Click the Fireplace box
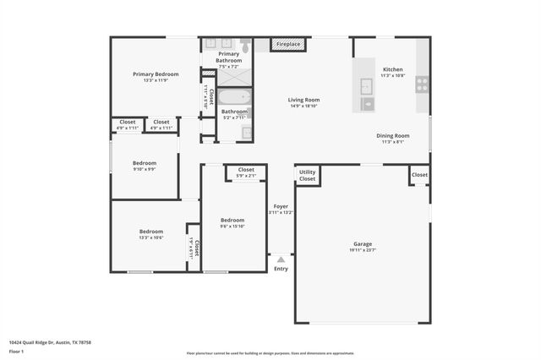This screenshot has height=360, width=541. tap(287, 44)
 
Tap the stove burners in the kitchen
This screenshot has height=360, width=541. tap(421, 84)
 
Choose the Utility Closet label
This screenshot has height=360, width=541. tap(307, 176)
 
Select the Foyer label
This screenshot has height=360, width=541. tap(281, 206)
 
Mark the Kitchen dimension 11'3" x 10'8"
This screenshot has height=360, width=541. tap(393, 76)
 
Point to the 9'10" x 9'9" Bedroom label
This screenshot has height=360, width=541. tap(144, 169)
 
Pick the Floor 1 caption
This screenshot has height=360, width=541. tap(16, 351)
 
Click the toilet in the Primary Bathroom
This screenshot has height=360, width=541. tap(245, 46)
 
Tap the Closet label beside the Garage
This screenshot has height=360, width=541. tap(419, 174)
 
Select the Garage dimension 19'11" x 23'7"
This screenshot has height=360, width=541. tap(362, 249)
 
